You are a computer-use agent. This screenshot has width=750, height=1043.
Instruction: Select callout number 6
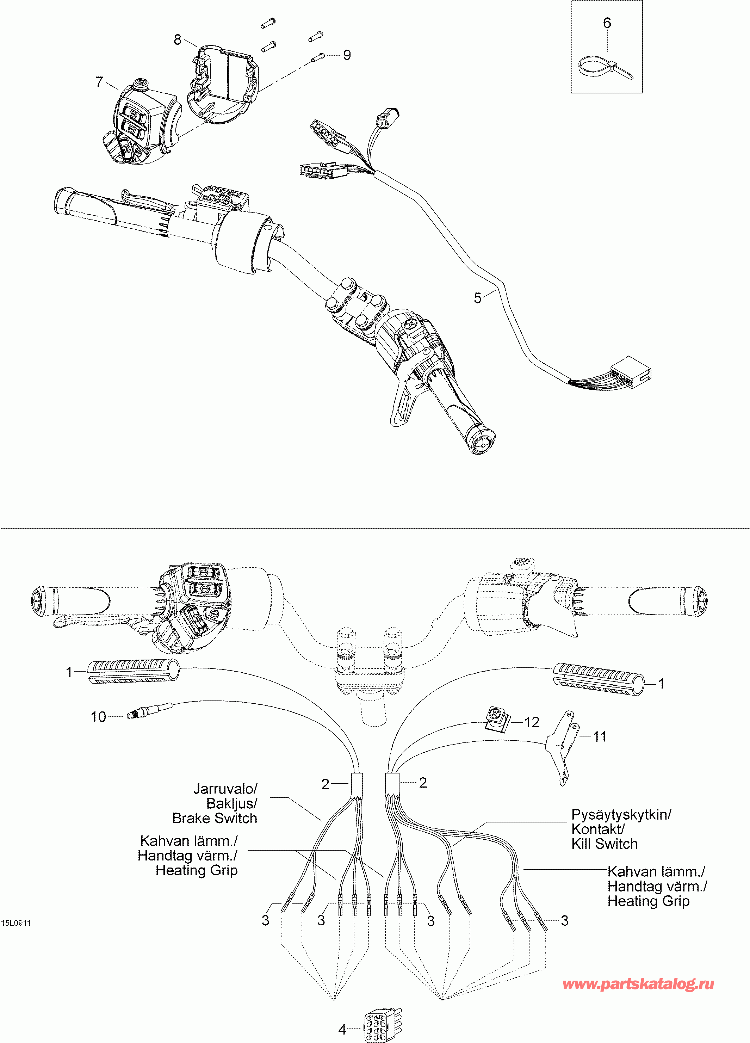607,23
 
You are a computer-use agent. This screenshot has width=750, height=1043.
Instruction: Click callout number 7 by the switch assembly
99,82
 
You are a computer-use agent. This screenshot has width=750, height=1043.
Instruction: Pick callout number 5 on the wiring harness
478,298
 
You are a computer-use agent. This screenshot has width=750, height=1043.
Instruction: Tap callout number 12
532,722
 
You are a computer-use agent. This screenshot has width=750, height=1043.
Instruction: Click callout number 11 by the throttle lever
600,737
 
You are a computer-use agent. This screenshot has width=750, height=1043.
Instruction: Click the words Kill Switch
604,844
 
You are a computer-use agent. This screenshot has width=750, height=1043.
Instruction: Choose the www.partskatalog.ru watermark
638,984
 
